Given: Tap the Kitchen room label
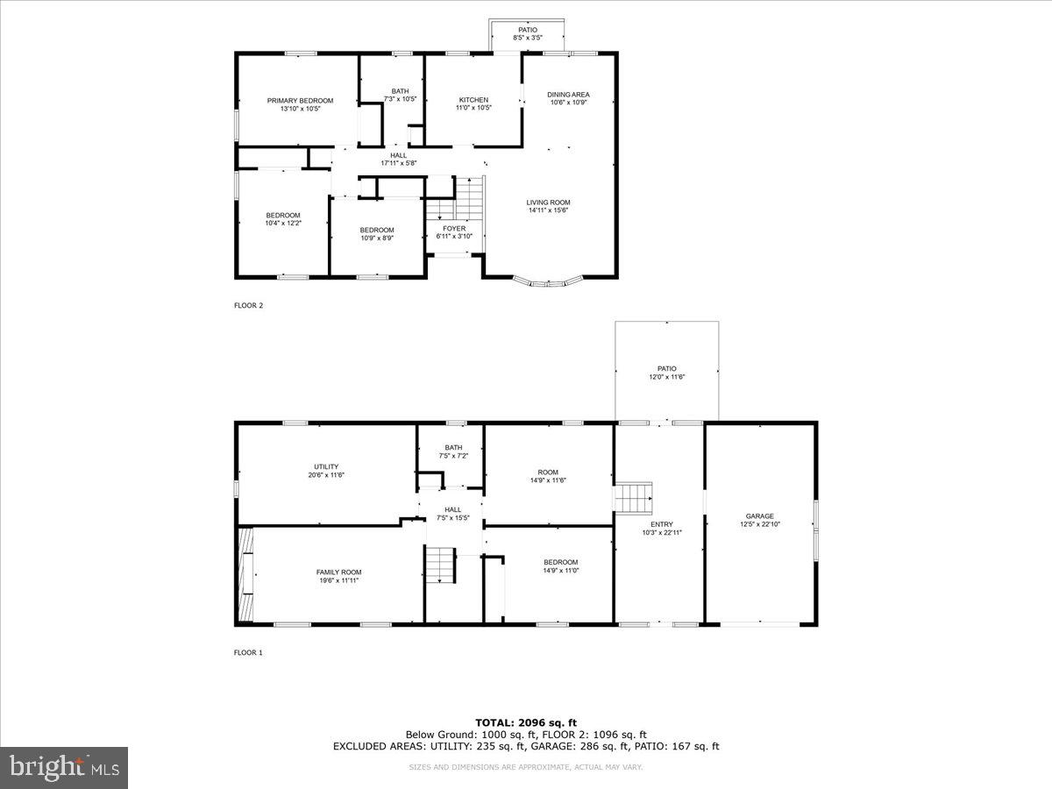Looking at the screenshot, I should point(473,100).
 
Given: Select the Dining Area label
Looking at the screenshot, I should point(568,95).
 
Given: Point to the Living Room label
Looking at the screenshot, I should point(549,203).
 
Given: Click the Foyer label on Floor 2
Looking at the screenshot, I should point(454,229).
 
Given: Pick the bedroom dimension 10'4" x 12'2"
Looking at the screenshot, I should point(283,223).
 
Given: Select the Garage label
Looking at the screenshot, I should point(760,516).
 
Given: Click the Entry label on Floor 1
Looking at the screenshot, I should point(662,524).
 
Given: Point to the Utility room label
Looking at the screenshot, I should point(326,467).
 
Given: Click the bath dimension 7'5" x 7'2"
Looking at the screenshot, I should point(453,456).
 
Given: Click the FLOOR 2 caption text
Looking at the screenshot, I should point(248,306).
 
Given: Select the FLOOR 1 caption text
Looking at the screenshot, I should point(248,652).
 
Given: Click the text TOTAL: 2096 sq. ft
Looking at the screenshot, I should point(526,722).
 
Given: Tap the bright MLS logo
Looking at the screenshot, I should point(64,768).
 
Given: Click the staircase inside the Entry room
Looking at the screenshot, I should point(633,497).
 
